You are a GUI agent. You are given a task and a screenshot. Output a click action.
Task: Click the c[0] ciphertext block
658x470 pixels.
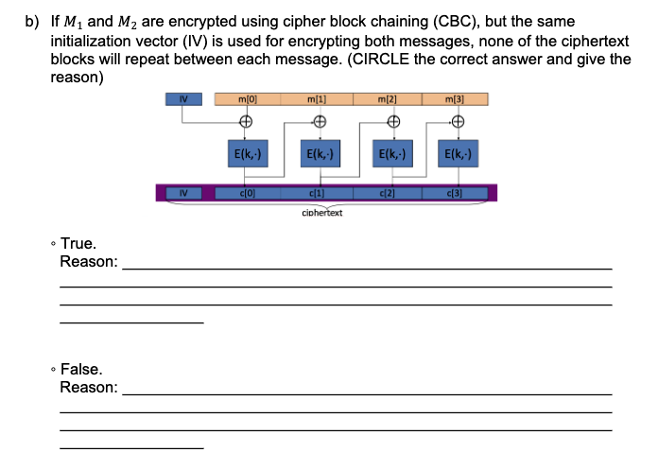[246, 194]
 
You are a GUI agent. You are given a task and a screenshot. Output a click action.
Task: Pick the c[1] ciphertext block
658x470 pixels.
[318, 194]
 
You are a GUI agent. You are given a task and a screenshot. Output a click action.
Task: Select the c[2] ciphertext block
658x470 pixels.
[388, 194]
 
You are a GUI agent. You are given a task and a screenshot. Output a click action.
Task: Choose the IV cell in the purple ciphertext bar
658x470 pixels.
[184, 194]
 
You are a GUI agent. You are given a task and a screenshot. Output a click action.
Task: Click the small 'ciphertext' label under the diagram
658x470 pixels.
[321, 213]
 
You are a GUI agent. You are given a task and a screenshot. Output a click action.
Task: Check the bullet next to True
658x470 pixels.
[53, 245]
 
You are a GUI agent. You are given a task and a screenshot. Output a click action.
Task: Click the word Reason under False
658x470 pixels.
[88, 388]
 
